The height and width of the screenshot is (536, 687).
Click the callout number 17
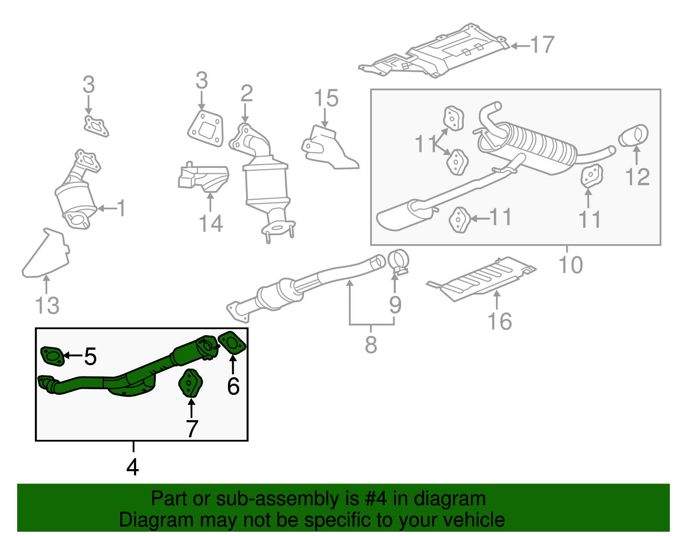pos(543,45)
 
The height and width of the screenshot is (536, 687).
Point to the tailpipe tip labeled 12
pos(634,136)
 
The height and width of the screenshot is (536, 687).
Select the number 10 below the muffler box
pos(571,264)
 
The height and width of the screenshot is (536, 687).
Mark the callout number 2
pos(246,93)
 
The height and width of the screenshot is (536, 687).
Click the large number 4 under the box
pos(133,467)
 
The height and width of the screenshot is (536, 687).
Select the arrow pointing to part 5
pos(73,355)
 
